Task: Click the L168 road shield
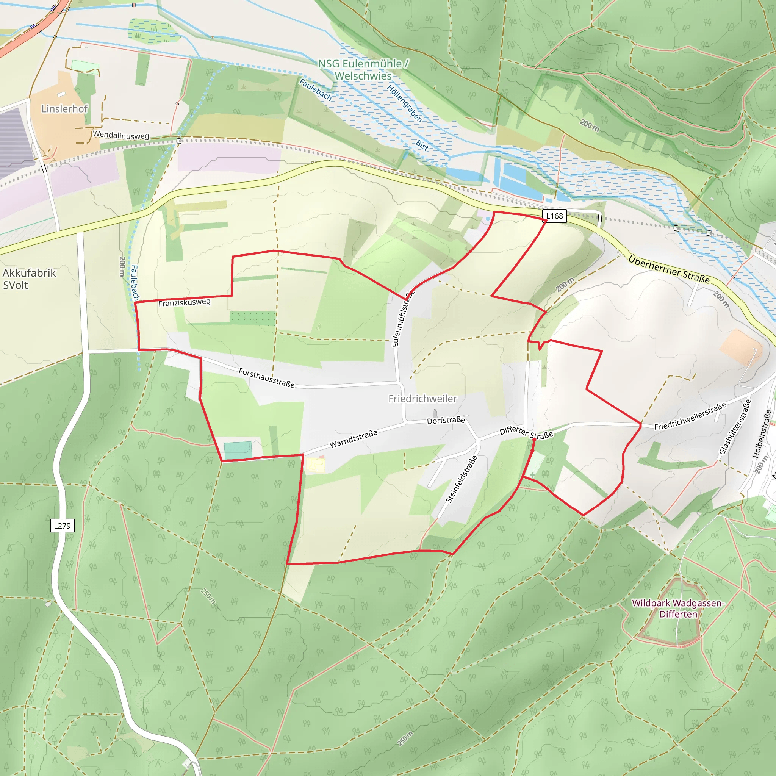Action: tap(554, 216)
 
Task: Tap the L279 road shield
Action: tap(62, 526)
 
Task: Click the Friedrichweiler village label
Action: tap(422, 399)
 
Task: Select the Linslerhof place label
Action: tap(64, 109)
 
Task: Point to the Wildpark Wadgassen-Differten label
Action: tap(677, 609)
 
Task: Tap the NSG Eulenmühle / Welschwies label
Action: tap(363, 69)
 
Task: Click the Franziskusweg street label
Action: tap(185, 302)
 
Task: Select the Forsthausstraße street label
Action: tap(267, 377)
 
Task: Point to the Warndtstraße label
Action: tap(354, 439)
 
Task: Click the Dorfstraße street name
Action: tap(446, 420)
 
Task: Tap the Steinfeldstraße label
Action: tap(462, 479)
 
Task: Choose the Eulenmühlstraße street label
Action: tap(402, 319)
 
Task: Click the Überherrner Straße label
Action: tap(669, 269)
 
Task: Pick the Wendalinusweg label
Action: tap(120, 135)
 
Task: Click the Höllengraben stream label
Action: tap(404, 103)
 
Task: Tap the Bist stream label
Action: tap(422, 145)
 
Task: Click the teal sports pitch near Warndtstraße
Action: tap(238, 450)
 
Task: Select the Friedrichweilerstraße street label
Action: tap(690, 416)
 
